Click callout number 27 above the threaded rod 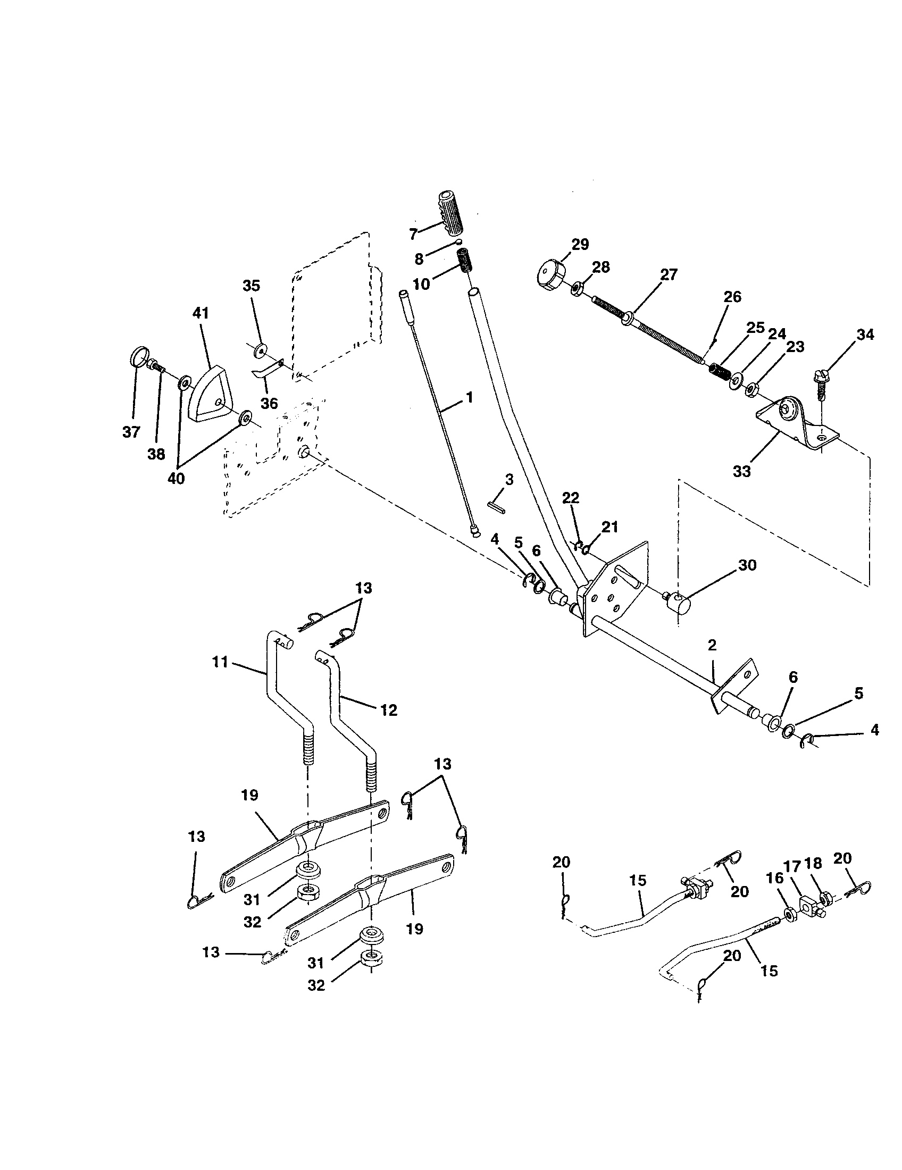pyautogui.click(x=669, y=274)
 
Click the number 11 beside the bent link pyautogui.click(x=220, y=663)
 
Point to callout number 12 pyautogui.click(x=388, y=711)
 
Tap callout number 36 pyautogui.click(x=270, y=403)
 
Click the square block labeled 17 pyautogui.click(x=809, y=909)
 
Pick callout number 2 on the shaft pyautogui.click(x=711, y=645)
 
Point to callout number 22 pyautogui.click(x=571, y=498)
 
